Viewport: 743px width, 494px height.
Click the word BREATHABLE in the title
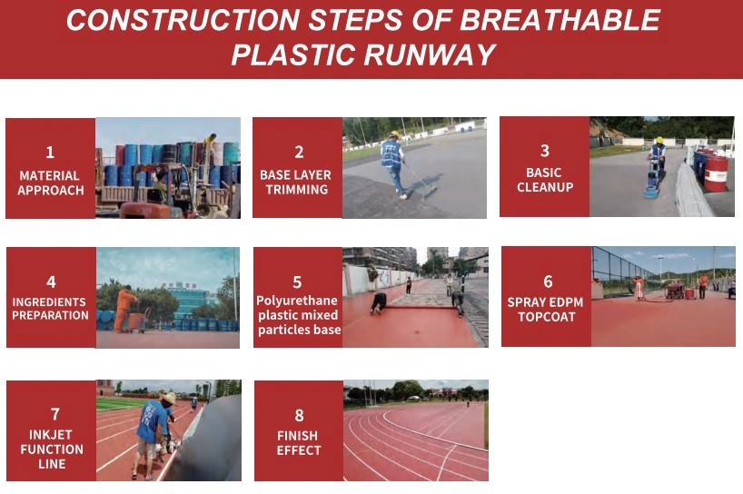(x=560, y=20)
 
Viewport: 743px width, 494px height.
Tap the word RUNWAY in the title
(x=430, y=54)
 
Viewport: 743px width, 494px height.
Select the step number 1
(x=50, y=153)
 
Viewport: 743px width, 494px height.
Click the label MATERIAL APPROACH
(x=51, y=183)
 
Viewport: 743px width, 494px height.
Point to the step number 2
(x=299, y=152)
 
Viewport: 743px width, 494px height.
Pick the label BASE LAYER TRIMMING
(x=296, y=182)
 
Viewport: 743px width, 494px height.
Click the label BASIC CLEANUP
(x=545, y=180)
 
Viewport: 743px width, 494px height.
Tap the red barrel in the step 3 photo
(x=716, y=173)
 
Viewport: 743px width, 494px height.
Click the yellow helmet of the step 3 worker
(x=659, y=140)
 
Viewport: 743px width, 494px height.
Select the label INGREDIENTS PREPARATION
(x=50, y=309)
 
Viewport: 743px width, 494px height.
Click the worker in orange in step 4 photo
(x=124, y=309)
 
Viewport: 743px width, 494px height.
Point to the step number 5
(x=297, y=282)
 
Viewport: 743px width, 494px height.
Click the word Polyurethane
(x=297, y=301)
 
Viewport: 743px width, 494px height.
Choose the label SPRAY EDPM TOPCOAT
(x=545, y=310)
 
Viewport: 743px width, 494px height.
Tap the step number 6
(x=548, y=282)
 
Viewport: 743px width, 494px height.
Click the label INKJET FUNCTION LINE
(x=52, y=449)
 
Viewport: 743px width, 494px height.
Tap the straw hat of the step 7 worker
(x=168, y=398)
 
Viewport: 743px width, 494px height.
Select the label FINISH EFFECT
(x=299, y=443)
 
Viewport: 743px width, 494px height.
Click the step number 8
(x=299, y=415)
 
